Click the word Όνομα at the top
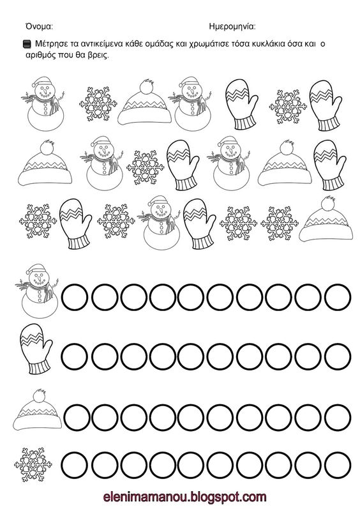39,26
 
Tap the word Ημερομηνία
232,27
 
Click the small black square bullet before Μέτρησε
27,44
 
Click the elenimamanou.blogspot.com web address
185,497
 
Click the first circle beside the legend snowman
75,297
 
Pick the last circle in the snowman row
338,297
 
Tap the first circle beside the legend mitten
75,356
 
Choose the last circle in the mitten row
338,356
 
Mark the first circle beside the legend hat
77,417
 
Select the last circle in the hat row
338,417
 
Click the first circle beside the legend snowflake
75,465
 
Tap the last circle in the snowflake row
338,465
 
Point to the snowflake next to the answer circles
33,464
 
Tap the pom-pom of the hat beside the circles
40,395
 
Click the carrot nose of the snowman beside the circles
39,279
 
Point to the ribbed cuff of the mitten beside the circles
40,367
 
